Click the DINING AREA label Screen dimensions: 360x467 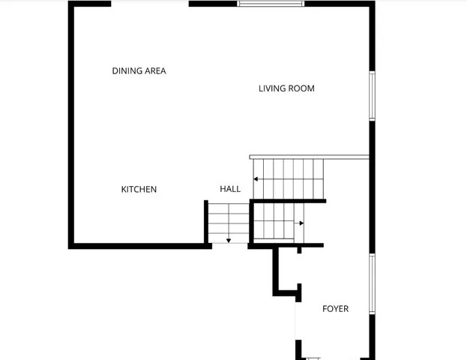pyautogui.click(x=139, y=71)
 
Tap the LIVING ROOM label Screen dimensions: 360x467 pyautogui.click(x=286, y=88)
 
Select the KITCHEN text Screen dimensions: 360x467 pyautogui.click(x=139, y=190)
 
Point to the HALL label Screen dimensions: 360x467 pyautogui.click(x=230, y=189)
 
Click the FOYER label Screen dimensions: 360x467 pyautogui.click(x=335, y=309)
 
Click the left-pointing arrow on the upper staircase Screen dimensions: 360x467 pyautogui.click(x=256, y=179)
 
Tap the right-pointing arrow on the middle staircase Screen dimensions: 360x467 pyautogui.click(x=301, y=223)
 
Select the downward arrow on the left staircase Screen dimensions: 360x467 pyautogui.click(x=228, y=240)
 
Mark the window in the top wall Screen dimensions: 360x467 pyautogui.click(x=271, y=4)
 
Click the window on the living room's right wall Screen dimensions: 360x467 pyautogui.click(x=372, y=95)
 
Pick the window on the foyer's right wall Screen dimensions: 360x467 pyautogui.click(x=372, y=283)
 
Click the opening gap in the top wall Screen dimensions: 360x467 pyautogui.click(x=150, y=4)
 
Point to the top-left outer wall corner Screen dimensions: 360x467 pyautogui.click(x=71, y=4)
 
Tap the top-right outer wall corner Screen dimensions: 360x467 pyautogui.click(x=371, y=4)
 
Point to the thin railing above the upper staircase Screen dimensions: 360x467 pyautogui.click(x=310, y=157)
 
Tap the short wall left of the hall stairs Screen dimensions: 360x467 pyautogui.click(x=206, y=221)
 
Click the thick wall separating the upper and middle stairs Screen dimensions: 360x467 pyautogui.click(x=289, y=201)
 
